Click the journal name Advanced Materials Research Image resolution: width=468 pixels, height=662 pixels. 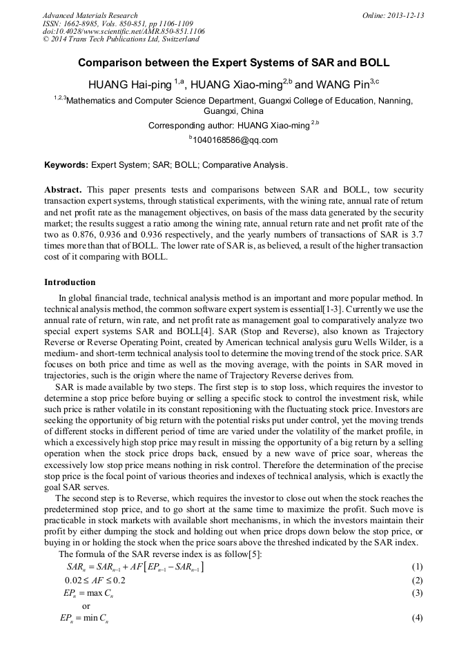90,15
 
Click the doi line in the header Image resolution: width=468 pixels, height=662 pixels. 124,31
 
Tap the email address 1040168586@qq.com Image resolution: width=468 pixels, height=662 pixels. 235,140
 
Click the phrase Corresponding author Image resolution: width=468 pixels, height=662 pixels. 190,126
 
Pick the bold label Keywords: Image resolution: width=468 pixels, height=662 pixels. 66,166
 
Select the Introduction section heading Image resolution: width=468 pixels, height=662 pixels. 70,282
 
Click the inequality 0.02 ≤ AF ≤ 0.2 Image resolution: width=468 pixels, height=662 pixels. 95,580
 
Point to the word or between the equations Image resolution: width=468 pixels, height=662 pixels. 86,605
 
